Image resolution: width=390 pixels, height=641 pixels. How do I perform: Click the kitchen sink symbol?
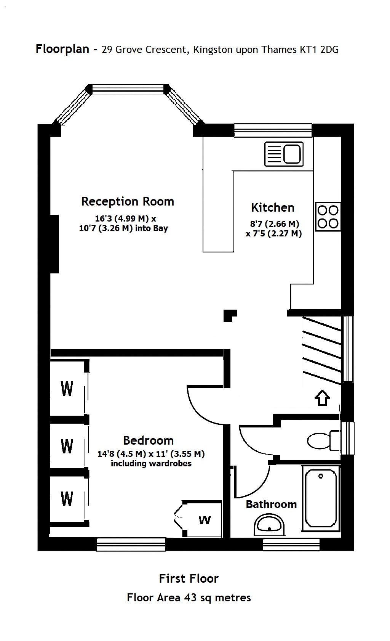(284, 154)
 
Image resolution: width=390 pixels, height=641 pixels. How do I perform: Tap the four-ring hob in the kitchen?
(328, 217)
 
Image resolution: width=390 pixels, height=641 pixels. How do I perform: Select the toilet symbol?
(324, 440)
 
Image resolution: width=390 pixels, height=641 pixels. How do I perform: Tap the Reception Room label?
(128, 201)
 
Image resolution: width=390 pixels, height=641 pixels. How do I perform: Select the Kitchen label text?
(273, 207)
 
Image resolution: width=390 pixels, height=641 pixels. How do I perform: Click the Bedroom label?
(148, 440)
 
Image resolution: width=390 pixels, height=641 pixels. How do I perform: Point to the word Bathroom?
(271, 504)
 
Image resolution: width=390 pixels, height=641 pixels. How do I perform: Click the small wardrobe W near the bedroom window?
(205, 520)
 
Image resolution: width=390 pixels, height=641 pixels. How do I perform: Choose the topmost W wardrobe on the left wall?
(67, 389)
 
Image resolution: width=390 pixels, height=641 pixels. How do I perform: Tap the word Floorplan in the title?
(62, 49)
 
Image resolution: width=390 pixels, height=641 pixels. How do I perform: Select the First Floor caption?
(189, 578)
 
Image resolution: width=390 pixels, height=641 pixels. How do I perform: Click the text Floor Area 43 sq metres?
(189, 598)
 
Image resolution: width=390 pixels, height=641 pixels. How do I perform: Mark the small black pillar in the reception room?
(229, 315)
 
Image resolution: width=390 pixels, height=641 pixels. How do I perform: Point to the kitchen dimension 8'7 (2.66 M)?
(274, 224)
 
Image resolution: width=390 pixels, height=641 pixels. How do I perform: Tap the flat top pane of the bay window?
(128, 89)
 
